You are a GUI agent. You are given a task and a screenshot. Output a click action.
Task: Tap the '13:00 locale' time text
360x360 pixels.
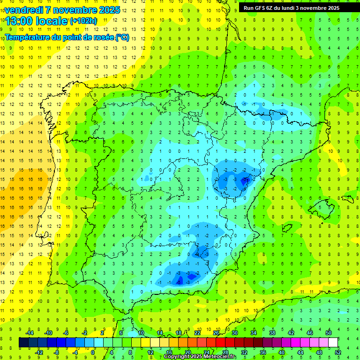[36, 21]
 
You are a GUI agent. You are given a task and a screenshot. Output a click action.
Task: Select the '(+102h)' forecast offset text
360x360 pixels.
[83, 21]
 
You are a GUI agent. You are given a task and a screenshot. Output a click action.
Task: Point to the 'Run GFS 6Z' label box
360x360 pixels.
[295, 8]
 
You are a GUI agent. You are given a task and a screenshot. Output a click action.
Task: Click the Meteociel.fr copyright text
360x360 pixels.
[200, 357]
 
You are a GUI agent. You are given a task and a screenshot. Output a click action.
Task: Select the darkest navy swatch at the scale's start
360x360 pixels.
[23, 343]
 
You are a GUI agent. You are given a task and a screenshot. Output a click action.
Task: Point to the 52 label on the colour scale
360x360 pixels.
[338, 352]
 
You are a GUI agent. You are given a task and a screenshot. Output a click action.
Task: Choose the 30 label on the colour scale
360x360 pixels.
[235, 333]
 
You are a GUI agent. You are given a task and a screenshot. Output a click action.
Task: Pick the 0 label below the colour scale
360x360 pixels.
[93, 352]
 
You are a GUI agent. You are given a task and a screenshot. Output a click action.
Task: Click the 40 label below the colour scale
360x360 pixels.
[281, 352]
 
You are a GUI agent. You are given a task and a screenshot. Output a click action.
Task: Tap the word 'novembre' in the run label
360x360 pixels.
[319, 8]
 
